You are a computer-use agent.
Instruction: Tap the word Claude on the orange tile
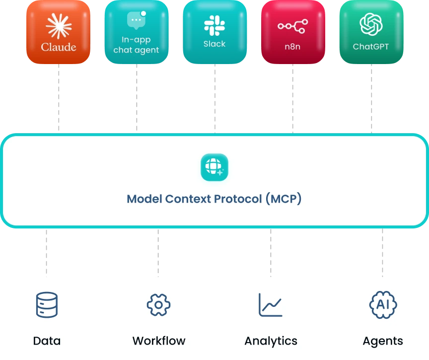coord(58,47)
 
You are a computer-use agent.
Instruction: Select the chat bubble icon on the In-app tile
coord(136,21)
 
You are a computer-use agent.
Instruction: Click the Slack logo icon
coord(214,25)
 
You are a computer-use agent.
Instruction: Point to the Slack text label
coord(214,44)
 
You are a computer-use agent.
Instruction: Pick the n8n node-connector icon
coord(292,26)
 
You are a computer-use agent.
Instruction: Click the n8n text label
coord(292,47)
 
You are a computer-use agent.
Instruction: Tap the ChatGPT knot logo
coord(370,24)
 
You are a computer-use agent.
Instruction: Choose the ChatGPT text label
coord(370,47)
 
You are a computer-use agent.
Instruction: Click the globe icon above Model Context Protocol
coord(214,167)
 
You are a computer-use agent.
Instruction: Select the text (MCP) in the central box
coord(283,199)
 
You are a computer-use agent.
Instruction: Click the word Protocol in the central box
coord(237,199)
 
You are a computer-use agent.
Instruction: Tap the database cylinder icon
coord(47,305)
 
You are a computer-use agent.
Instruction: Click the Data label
coord(47,341)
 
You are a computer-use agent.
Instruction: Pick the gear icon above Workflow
coord(158,305)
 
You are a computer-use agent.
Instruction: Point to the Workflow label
coord(158,341)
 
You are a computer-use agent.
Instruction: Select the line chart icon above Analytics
coord(270,305)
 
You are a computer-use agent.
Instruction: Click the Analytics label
coord(271,341)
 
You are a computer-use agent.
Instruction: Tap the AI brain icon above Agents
coord(383,305)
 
